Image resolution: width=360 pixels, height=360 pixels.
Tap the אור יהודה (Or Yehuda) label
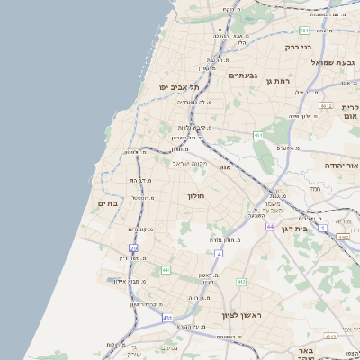point(335,166)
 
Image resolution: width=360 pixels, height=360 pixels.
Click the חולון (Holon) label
point(196,195)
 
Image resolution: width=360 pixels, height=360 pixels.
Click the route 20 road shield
point(133,247)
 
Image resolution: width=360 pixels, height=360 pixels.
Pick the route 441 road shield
point(166,269)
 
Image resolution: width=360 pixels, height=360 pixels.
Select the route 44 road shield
point(269,226)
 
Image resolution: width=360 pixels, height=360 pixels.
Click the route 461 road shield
point(257,135)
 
